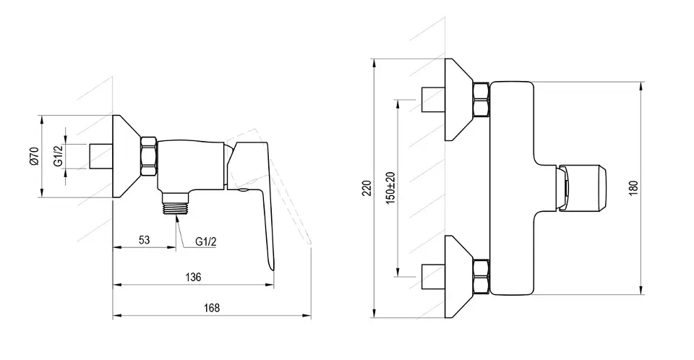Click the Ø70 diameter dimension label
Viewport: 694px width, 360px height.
35,156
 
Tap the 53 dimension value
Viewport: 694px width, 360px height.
145,240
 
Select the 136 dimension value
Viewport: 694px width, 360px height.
193,277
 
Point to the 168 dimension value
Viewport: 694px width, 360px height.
212,308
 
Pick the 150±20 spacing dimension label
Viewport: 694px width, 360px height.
390,188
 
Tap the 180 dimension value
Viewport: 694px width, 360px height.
633,188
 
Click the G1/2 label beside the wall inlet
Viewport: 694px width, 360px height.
59,156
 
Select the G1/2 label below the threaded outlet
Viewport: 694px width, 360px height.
206,241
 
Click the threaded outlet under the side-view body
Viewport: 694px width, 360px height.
176,203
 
